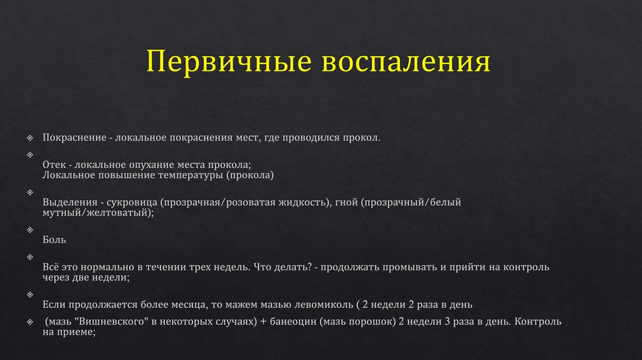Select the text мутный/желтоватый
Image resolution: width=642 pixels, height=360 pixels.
pos(98,213)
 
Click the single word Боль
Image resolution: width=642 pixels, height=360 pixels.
pos(54,240)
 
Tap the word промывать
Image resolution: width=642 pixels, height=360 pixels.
pos(412,267)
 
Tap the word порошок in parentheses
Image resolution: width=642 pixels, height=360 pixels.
pos(374,322)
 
